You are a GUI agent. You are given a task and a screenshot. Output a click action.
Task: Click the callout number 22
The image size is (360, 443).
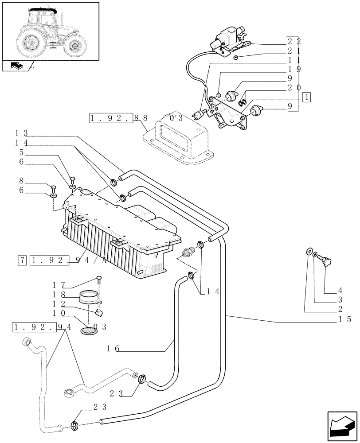pyautogui.click(x=293, y=41)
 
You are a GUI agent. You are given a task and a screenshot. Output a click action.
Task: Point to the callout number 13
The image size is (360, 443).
pyautogui.click(x=21, y=133)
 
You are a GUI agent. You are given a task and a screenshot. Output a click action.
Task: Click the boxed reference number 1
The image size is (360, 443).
pyautogui.click(x=307, y=97)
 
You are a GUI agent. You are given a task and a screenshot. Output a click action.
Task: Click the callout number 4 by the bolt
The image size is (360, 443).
pyautogui.click(x=340, y=291)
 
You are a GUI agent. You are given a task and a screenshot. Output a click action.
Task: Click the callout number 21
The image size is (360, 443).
pyautogui.click(x=293, y=51)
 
